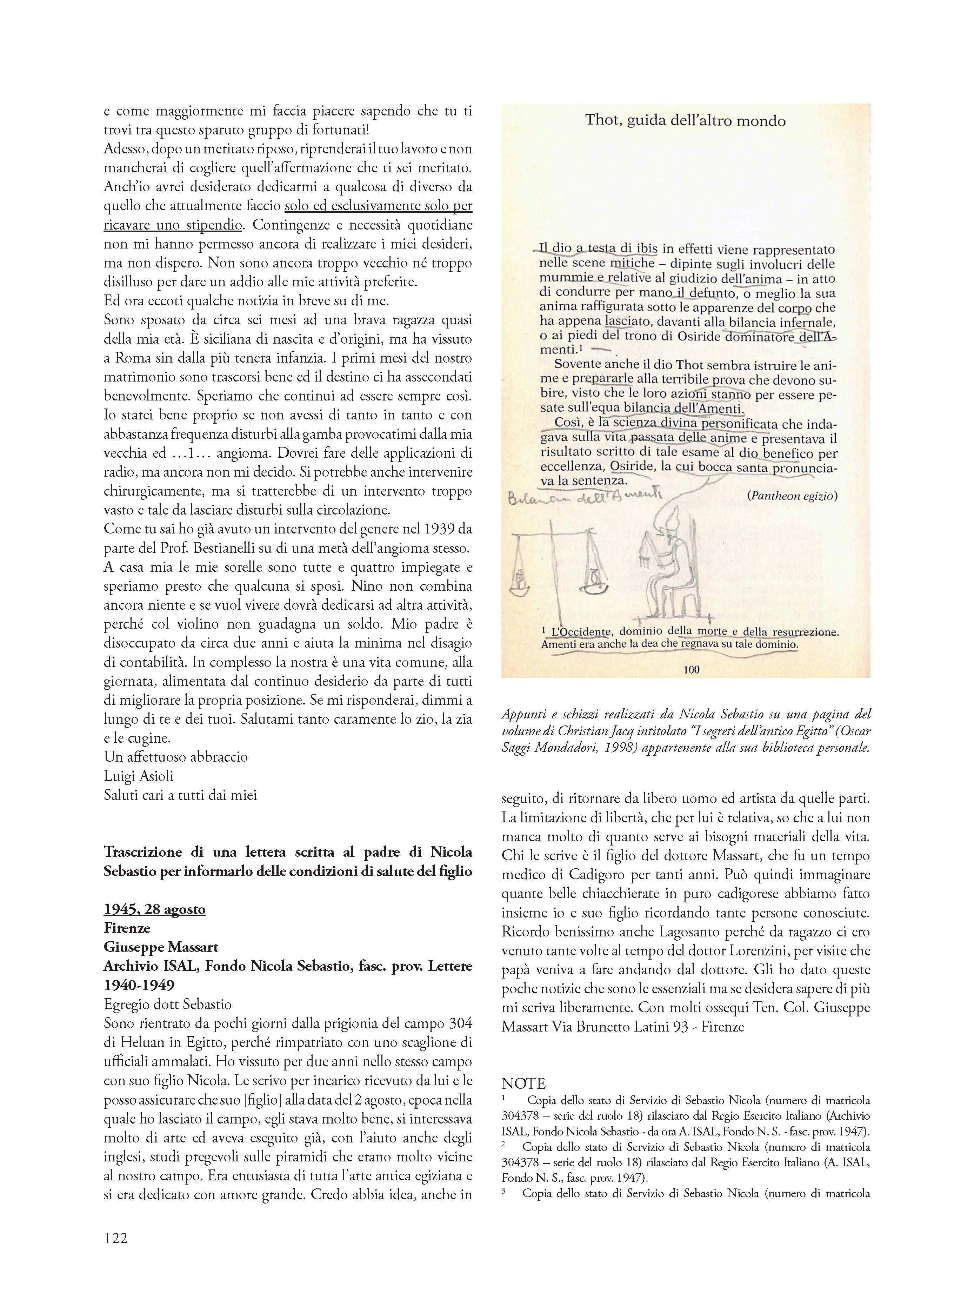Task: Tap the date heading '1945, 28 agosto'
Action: [x=154, y=909]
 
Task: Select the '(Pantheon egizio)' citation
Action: [x=792, y=496]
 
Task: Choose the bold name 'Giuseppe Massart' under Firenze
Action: [x=161, y=947]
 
